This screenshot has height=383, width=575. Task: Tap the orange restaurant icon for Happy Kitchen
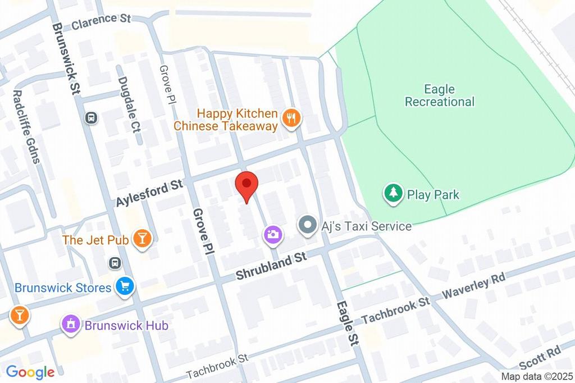(291, 118)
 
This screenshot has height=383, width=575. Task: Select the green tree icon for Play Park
(394, 194)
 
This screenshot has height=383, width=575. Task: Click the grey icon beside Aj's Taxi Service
(307, 226)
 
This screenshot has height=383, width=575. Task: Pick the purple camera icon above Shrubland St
(273, 235)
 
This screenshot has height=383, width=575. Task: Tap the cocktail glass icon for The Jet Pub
(143, 239)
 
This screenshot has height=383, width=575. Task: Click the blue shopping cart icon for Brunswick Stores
(125, 287)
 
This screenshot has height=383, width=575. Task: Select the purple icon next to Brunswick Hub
(71, 324)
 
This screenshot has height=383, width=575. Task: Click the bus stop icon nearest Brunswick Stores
(115, 263)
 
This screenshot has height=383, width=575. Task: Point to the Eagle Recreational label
(439, 95)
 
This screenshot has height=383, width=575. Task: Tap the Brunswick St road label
(66, 58)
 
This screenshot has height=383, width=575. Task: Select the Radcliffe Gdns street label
(26, 126)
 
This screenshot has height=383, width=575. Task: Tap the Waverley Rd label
(474, 286)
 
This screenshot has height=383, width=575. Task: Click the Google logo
(30, 372)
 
